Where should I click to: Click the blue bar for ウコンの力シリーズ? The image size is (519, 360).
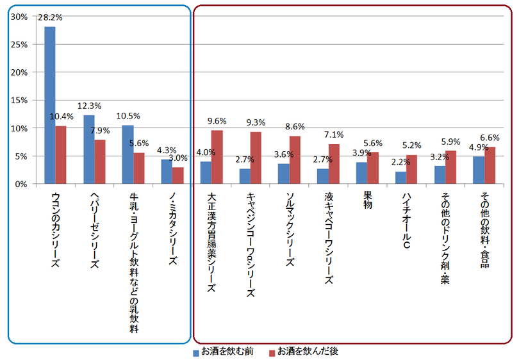[x=49, y=106]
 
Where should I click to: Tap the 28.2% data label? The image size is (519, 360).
[x=49, y=19]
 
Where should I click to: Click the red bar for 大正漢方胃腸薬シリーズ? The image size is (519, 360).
[x=217, y=157]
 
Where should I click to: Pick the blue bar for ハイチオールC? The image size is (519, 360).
[x=400, y=177]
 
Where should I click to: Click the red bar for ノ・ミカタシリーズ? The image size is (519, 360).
[x=177, y=176]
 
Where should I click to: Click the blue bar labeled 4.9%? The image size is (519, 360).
[x=479, y=170]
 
